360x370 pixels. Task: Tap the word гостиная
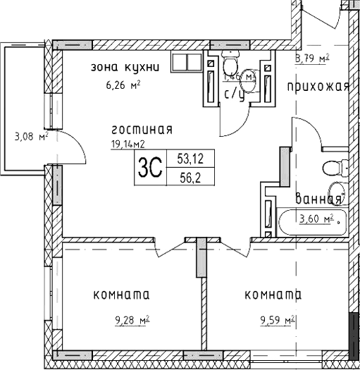click(142, 130)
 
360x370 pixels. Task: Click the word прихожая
click(318, 87)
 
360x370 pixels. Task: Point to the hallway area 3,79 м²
click(313, 59)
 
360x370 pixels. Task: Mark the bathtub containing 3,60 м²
click(311, 222)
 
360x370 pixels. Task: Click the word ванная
click(318, 199)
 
